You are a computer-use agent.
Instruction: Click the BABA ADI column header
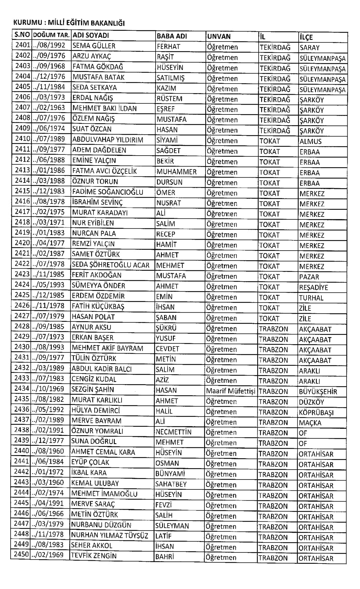pos(171,36)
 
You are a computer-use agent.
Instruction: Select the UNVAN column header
pos(219,37)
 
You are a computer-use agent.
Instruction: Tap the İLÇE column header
pos(306,37)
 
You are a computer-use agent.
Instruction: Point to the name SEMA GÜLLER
pos(94,46)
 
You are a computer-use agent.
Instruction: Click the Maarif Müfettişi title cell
pos(230,391)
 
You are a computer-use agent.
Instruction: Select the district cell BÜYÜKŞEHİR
pos(317,392)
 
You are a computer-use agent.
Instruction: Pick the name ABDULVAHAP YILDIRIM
pos(108,140)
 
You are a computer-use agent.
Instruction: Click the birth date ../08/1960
pos(48,451)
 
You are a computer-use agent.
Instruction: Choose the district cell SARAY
pos(309,47)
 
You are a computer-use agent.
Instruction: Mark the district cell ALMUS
pos(310,141)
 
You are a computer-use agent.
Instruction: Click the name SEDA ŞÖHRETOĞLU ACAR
pos(111,265)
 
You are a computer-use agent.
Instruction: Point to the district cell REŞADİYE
pos(313,287)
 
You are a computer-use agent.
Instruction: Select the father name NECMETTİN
pos(173,432)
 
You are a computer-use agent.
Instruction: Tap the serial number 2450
pos(21,555)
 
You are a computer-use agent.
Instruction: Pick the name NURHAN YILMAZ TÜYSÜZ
pos(110,535)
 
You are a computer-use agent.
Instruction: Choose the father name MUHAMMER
pos(176,172)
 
